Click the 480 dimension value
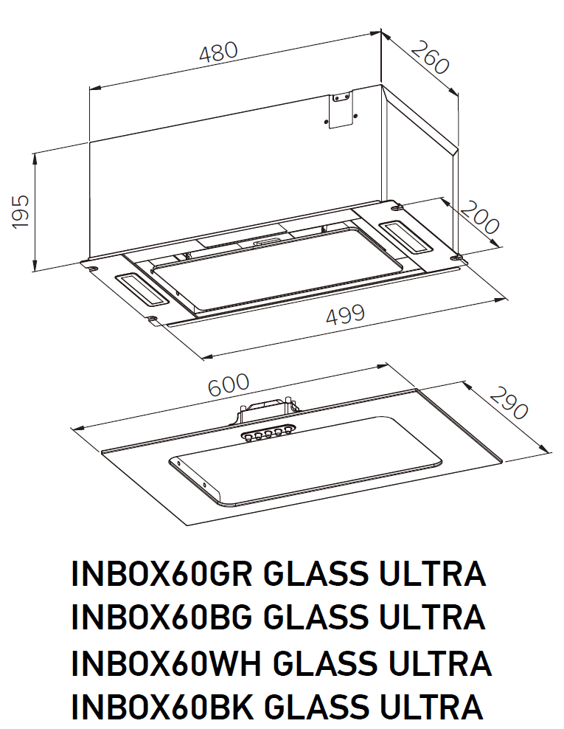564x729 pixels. (x=219, y=53)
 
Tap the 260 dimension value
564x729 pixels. (x=429, y=57)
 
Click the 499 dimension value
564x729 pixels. (x=345, y=314)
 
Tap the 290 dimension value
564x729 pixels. (x=509, y=403)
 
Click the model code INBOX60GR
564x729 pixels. (x=161, y=574)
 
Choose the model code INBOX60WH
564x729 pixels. (x=164, y=663)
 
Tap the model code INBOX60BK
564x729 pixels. (x=161, y=707)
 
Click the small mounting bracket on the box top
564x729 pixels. (x=339, y=111)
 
